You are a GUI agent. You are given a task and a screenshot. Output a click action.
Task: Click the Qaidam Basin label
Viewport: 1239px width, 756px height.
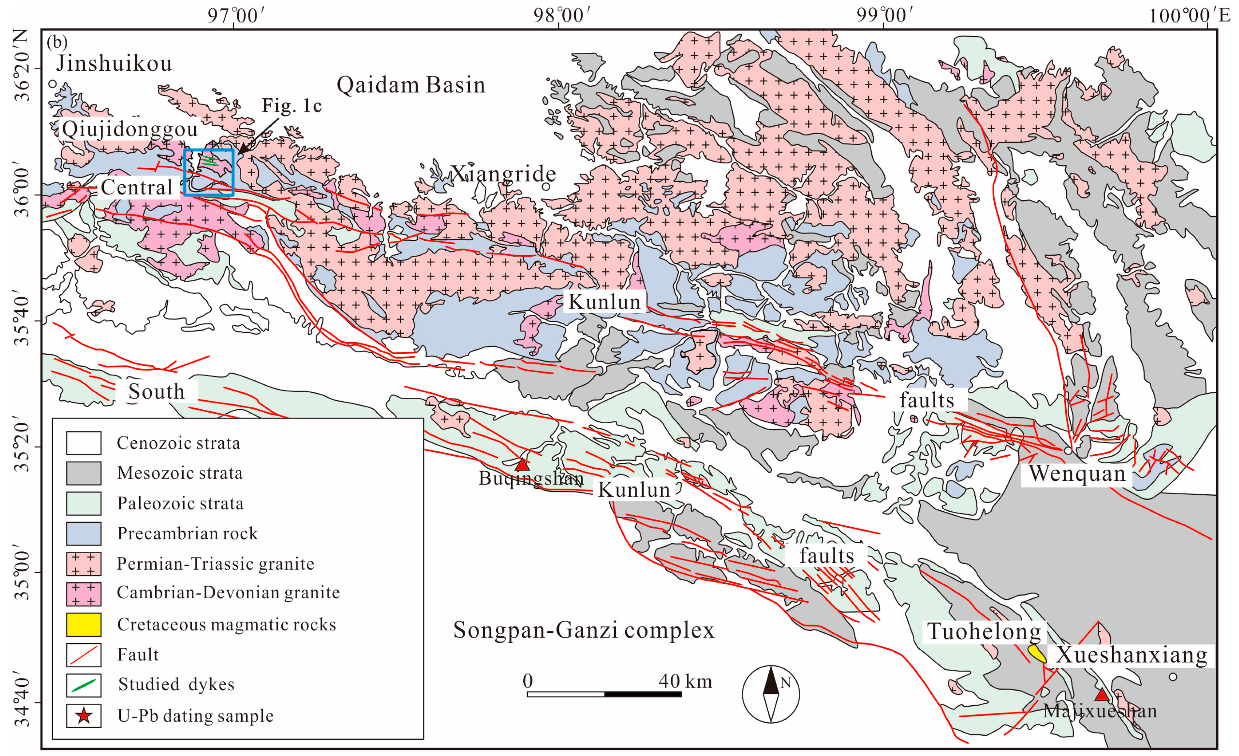coord(411,85)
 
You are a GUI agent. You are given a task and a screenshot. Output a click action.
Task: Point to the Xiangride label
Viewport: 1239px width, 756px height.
coord(503,174)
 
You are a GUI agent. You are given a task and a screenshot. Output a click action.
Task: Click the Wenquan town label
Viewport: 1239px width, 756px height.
coord(1077,473)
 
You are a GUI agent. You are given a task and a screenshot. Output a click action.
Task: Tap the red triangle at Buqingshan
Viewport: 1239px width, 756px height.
coord(523,464)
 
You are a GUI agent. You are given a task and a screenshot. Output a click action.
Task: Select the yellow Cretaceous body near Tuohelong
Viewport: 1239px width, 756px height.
coord(1037,653)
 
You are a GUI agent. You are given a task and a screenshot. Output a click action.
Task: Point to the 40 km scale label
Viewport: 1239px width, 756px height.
coord(685,681)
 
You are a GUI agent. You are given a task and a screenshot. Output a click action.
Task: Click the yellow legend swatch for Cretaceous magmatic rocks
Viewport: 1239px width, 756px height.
coord(83,624)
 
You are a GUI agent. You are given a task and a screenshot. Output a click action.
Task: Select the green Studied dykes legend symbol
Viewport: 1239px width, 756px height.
coord(83,685)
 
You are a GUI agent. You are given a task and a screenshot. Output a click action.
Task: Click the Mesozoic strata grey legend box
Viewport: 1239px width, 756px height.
coord(83,473)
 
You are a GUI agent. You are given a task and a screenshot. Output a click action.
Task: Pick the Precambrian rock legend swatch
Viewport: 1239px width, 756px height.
coord(83,533)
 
